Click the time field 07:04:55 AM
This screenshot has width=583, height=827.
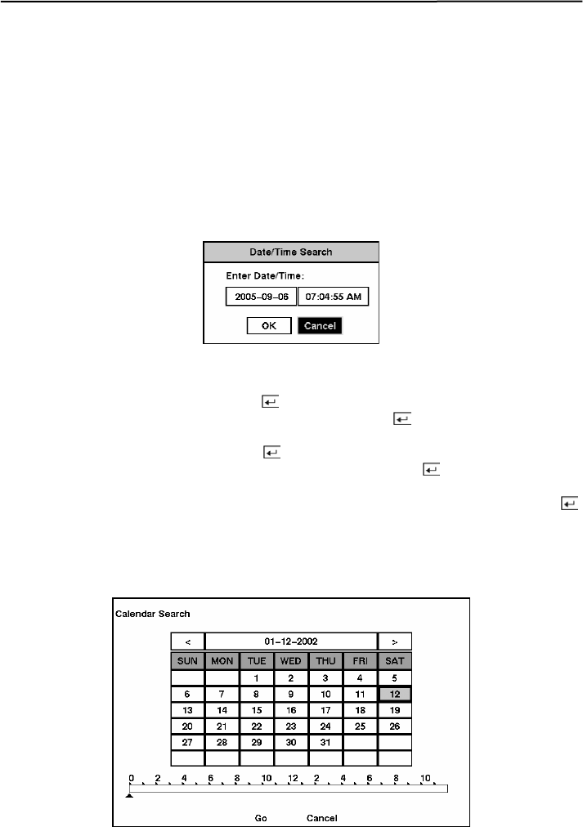333,297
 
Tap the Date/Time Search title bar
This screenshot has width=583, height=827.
291,252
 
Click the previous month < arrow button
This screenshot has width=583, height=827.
188,641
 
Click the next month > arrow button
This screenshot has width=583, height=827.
395,641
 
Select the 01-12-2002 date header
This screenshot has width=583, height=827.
291,641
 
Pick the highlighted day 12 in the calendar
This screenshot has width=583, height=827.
395,694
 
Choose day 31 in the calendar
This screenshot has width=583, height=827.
325,743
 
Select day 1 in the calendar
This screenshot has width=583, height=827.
257,677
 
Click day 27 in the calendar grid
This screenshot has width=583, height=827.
188,743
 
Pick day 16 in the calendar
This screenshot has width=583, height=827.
291,710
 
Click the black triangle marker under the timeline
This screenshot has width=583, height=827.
129,796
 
